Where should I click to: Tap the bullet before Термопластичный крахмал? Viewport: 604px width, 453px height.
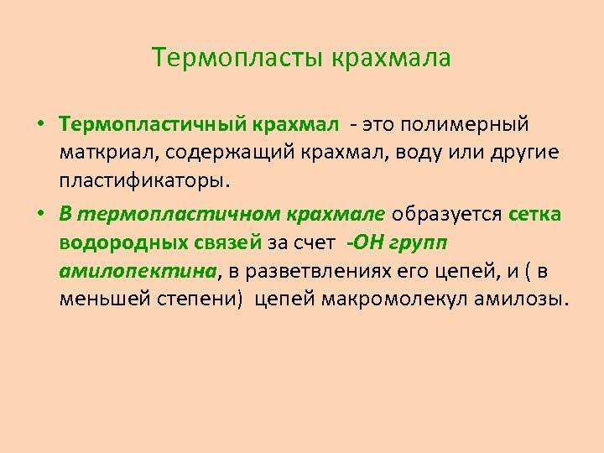39,125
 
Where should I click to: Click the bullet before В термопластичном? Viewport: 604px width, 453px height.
39,213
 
